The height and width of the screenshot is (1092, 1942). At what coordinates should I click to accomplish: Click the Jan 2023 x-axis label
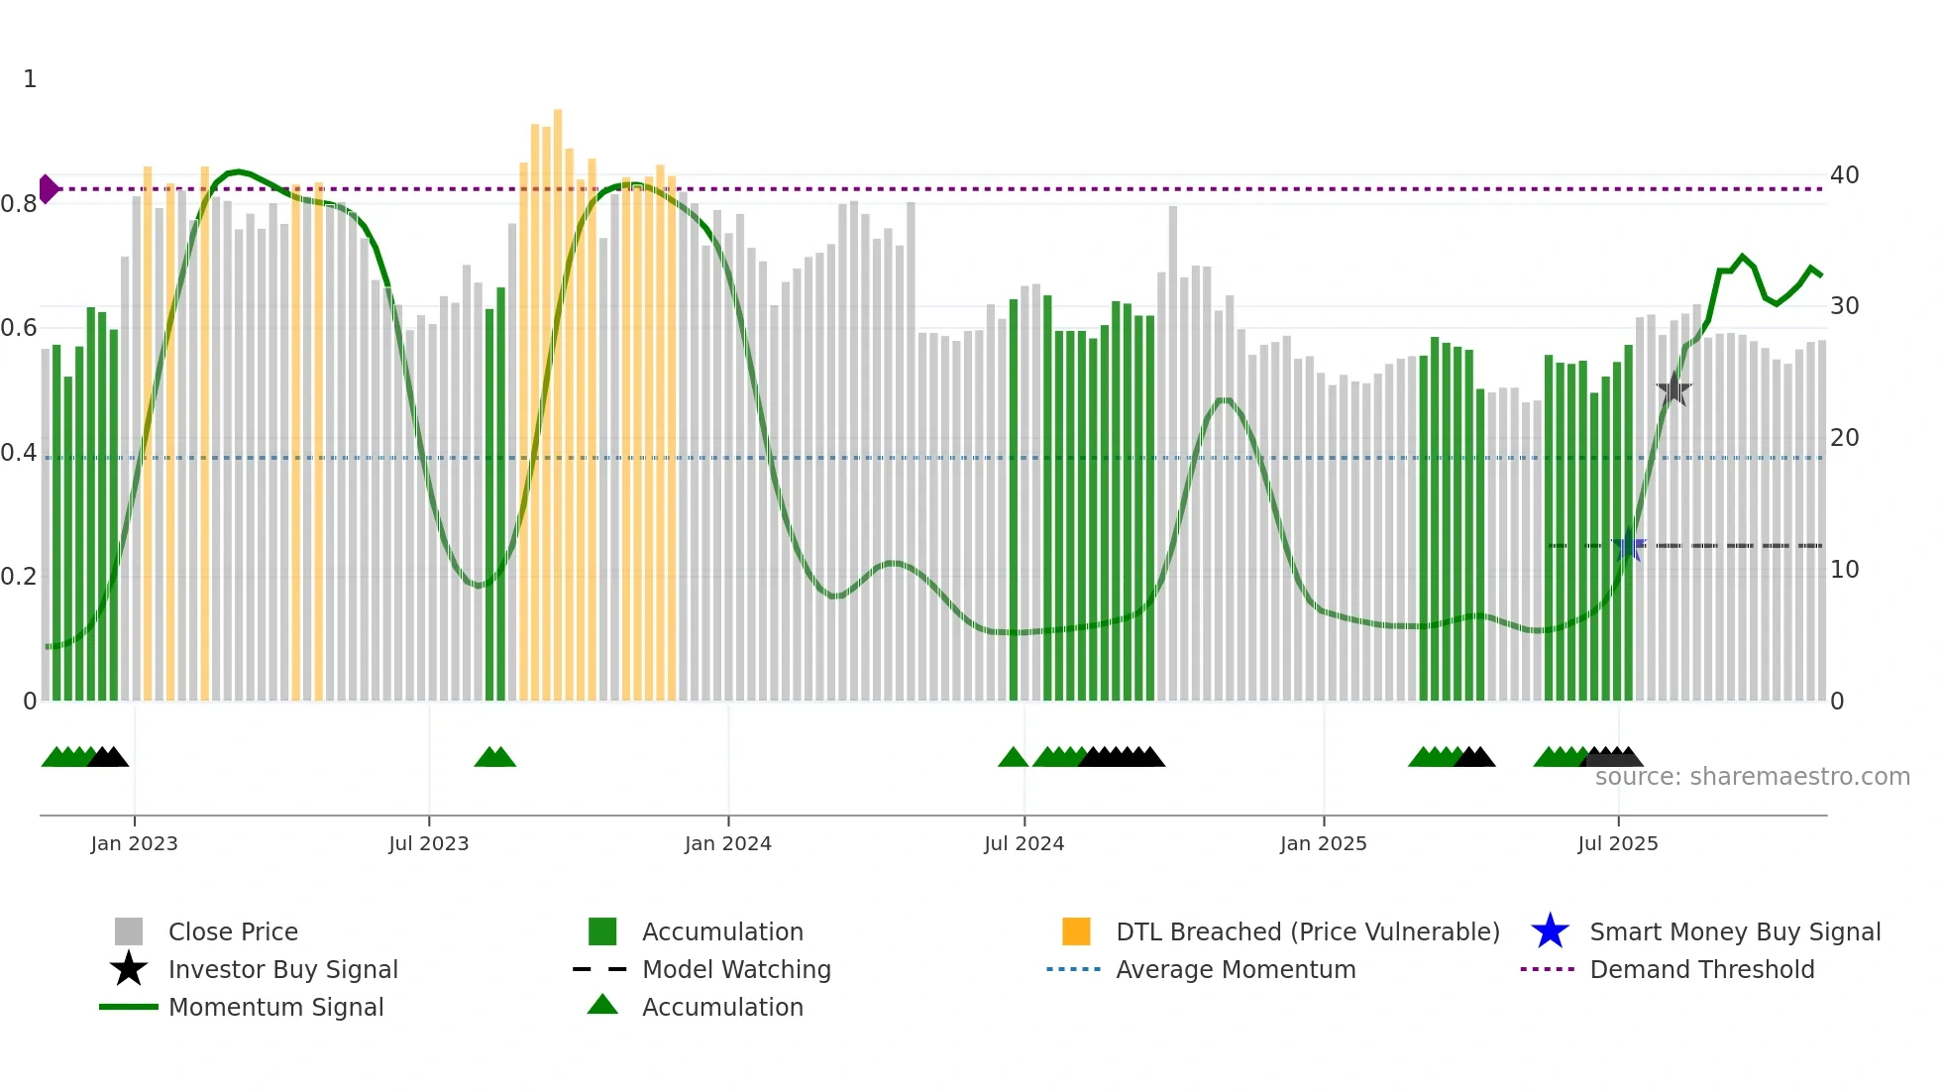click(x=134, y=843)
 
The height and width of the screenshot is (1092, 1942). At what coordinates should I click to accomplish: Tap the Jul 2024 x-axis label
click(x=1024, y=843)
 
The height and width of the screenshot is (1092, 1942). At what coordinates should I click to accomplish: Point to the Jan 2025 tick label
click(x=1323, y=843)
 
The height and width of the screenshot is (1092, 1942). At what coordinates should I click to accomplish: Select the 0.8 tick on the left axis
click(x=19, y=204)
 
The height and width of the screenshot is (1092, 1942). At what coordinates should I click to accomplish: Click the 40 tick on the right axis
click(x=1844, y=175)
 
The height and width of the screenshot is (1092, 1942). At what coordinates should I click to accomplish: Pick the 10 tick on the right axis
click(x=1844, y=570)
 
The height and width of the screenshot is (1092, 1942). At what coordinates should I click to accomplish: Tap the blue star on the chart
click(x=1628, y=545)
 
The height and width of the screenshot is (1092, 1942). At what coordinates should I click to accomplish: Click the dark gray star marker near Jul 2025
click(x=1673, y=389)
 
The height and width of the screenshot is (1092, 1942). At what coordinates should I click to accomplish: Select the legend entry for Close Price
click(x=233, y=931)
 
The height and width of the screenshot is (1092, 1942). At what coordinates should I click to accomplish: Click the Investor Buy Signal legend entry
click(x=282, y=969)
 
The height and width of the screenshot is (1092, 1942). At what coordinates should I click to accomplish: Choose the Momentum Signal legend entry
click(x=275, y=1007)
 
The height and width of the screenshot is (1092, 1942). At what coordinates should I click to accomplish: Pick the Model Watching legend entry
click(x=736, y=969)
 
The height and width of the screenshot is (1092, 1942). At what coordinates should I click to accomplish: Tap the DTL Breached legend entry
click(x=1307, y=931)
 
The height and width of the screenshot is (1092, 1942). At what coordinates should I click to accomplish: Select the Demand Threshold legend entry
click(x=1701, y=969)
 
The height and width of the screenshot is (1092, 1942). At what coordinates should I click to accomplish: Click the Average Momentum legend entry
click(x=1236, y=969)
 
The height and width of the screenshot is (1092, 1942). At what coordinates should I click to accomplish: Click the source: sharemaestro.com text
click(x=1752, y=777)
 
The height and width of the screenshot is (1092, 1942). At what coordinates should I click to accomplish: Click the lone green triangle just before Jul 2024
click(x=1013, y=757)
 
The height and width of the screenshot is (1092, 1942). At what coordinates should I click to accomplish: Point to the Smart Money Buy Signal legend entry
click(x=1734, y=931)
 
